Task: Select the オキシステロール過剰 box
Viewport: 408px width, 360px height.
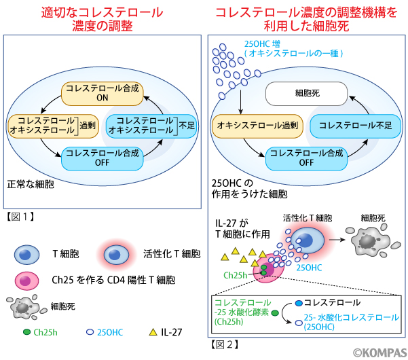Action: click(x=248, y=125)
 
